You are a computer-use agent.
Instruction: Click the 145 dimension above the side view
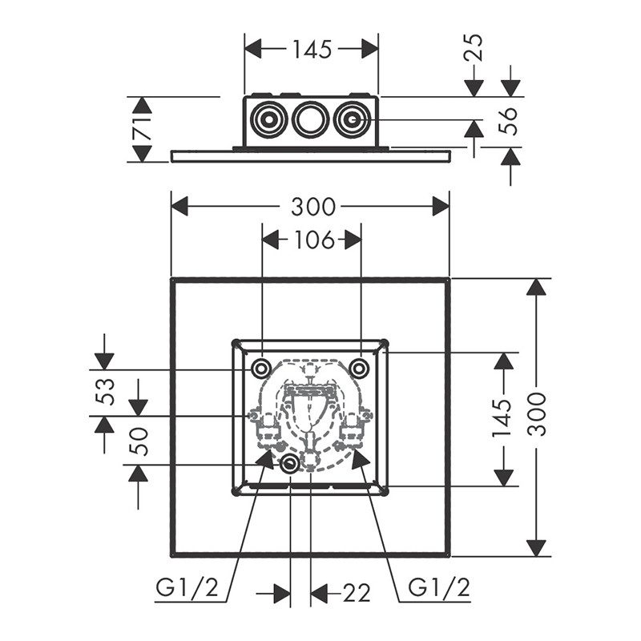[x=312, y=50]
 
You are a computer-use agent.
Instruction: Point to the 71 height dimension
[x=142, y=129]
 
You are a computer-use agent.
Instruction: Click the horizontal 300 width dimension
[x=312, y=207]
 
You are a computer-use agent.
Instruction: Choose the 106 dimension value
[x=312, y=240]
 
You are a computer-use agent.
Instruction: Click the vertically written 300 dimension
[x=538, y=415]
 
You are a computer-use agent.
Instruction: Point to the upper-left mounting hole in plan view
[x=261, y=369]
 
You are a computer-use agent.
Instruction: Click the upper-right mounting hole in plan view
[x=360, y=369]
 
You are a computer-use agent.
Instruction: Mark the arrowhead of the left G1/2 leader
[x=265, y=458]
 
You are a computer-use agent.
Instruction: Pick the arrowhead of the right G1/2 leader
[x=360, y=458]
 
